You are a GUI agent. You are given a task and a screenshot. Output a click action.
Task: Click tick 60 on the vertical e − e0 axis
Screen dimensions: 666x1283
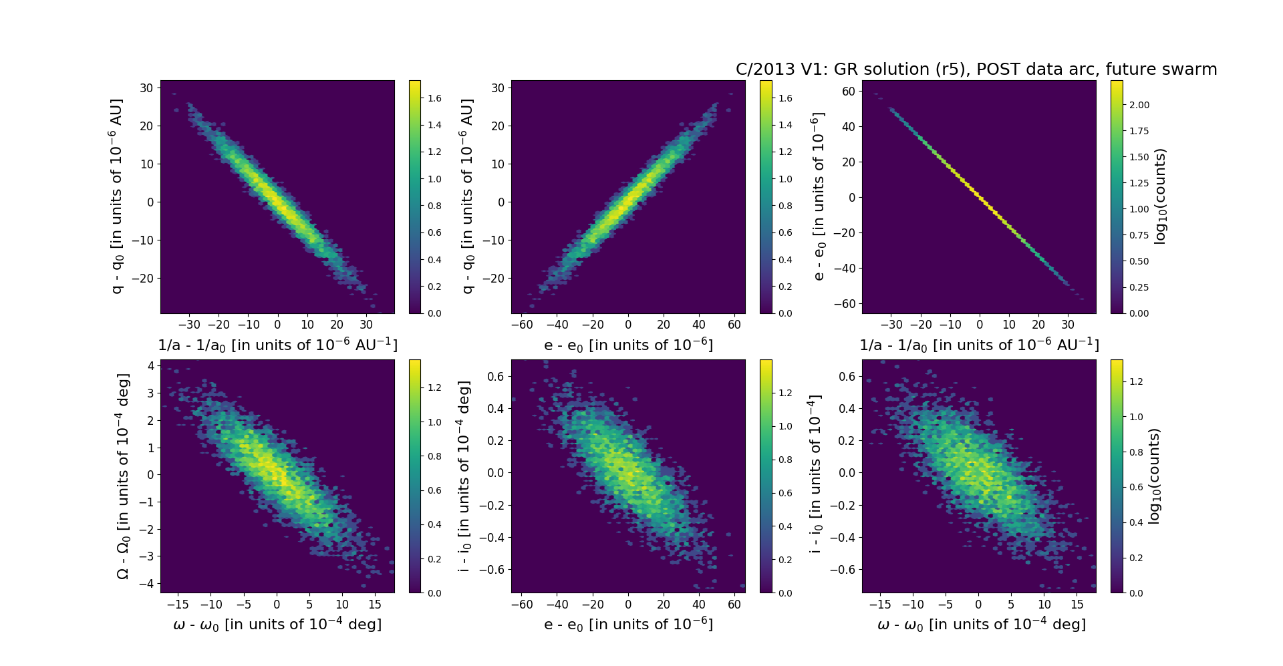tap(849, 91)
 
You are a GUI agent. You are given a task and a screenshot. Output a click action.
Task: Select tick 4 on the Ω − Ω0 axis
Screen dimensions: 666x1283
tap(152, 365)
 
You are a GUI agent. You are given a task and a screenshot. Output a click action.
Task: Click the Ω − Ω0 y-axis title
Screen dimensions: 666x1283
tap(123, 476)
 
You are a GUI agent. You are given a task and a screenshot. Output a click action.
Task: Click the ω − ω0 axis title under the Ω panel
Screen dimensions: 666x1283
tap(277, 625)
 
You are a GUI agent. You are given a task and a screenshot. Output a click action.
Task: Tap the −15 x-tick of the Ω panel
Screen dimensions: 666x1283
tap(177, 605)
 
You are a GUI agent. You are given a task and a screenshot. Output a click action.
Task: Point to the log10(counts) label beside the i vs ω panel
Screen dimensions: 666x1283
tap(1154, 476)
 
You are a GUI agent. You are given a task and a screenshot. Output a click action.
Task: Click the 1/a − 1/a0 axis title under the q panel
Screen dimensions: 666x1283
tap(277, 345)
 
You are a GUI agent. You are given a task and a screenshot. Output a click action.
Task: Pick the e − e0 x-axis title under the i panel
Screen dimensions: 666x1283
tap(628, 625)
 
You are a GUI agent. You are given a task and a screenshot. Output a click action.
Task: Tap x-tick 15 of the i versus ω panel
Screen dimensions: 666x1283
tap(1077, 605)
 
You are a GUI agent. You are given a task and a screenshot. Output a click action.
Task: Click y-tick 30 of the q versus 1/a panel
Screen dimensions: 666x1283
tap(147, 88)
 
